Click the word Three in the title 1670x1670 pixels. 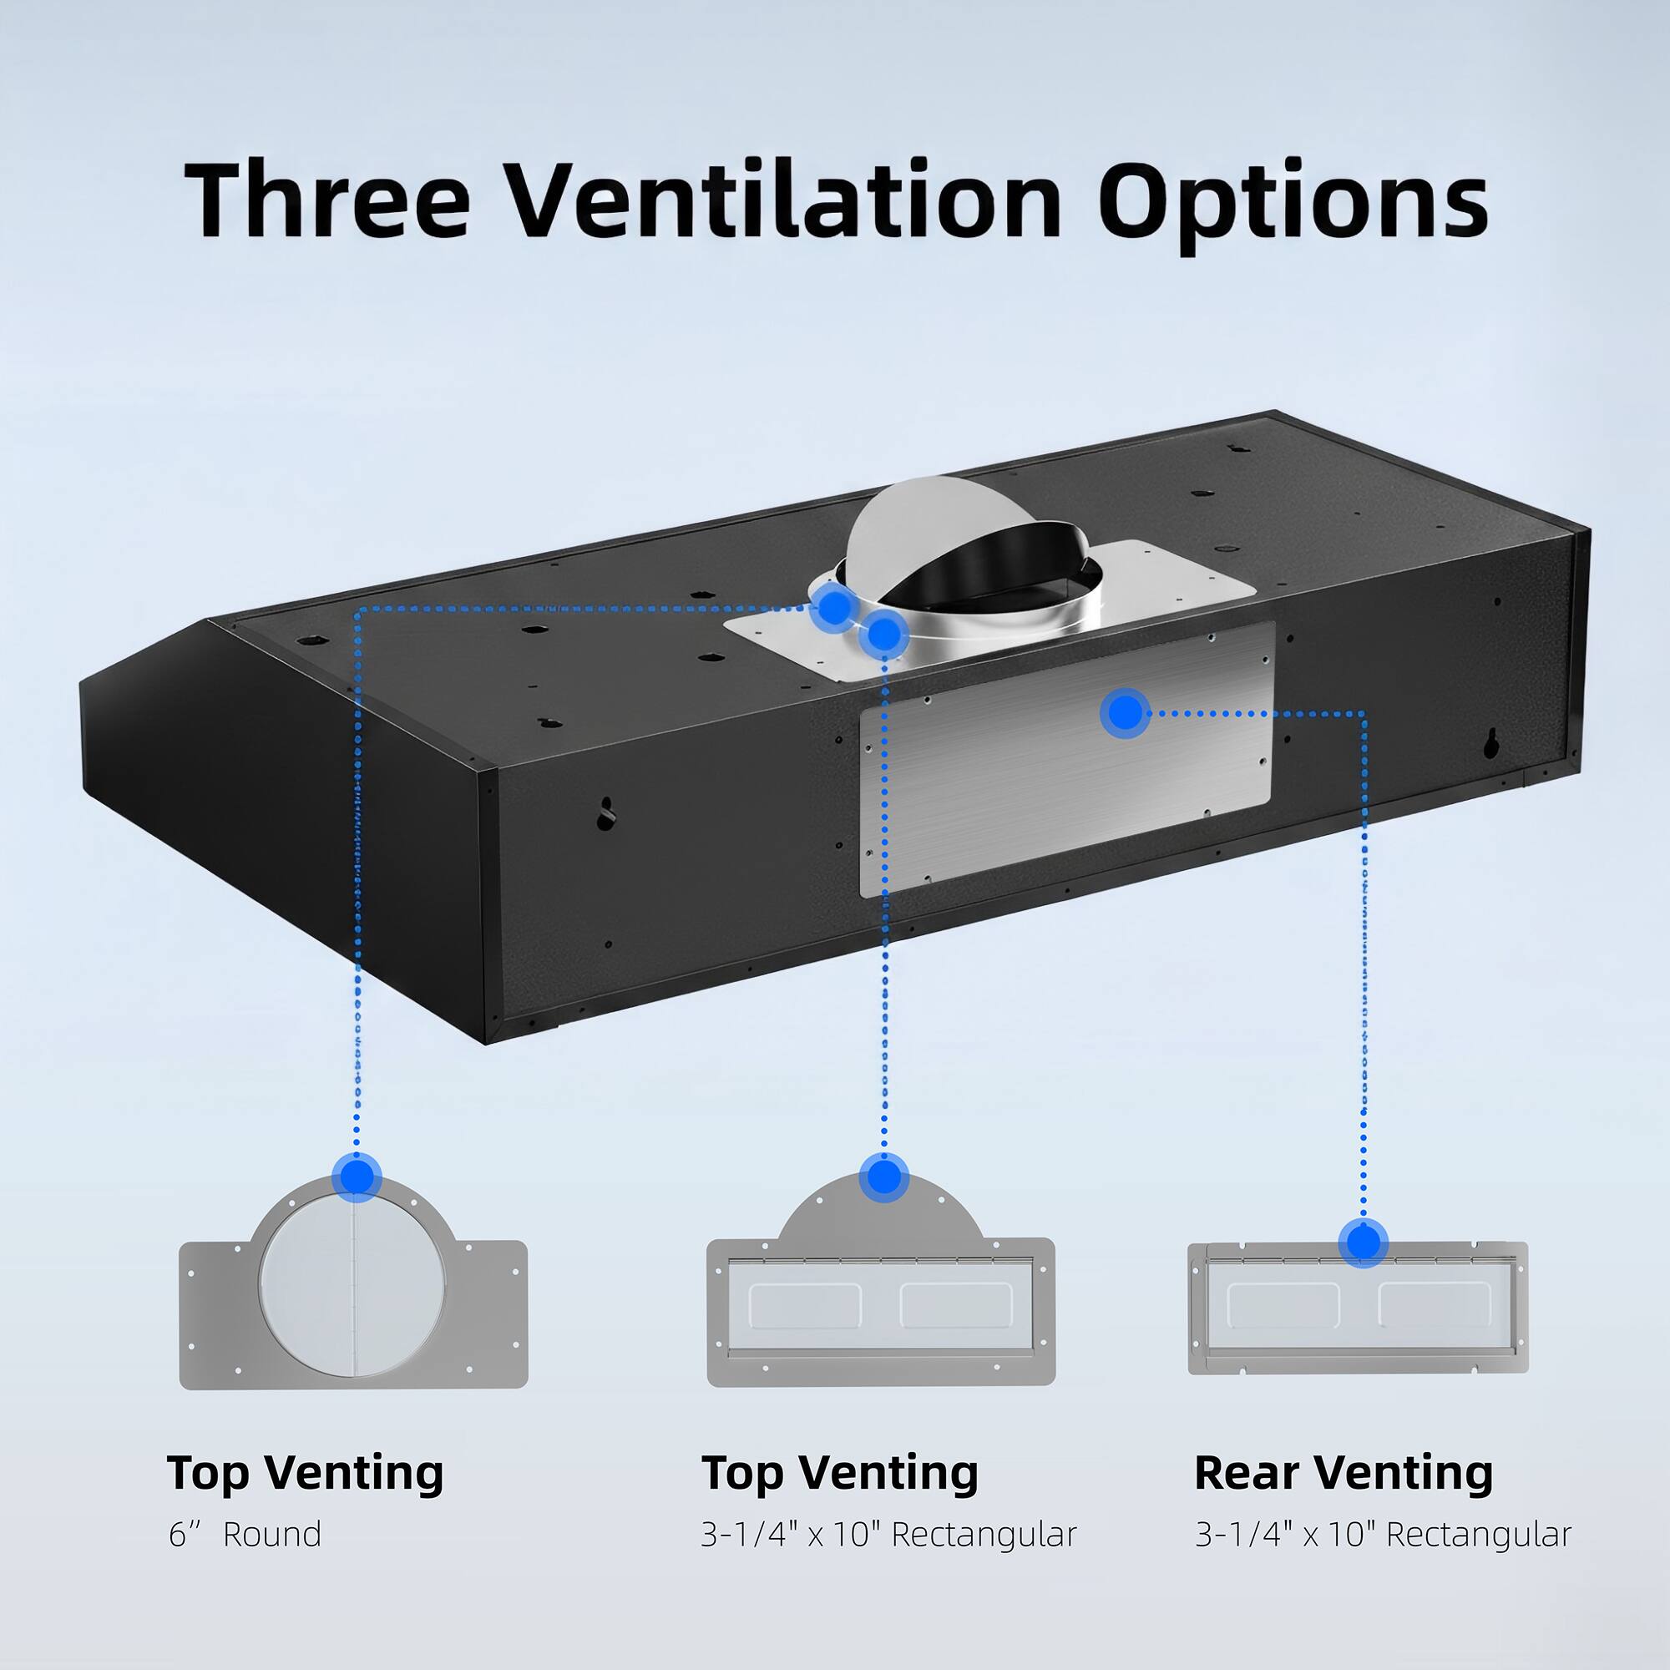327,199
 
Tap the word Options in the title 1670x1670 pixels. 1293,204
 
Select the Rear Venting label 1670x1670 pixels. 1344,1472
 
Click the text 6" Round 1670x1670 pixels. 245,1534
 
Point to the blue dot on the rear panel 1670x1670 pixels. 1125,713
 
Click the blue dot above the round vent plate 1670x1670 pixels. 357,1177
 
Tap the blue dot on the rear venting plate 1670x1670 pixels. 1364,1243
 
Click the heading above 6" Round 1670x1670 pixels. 305,1472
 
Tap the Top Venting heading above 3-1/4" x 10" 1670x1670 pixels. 839,1472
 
